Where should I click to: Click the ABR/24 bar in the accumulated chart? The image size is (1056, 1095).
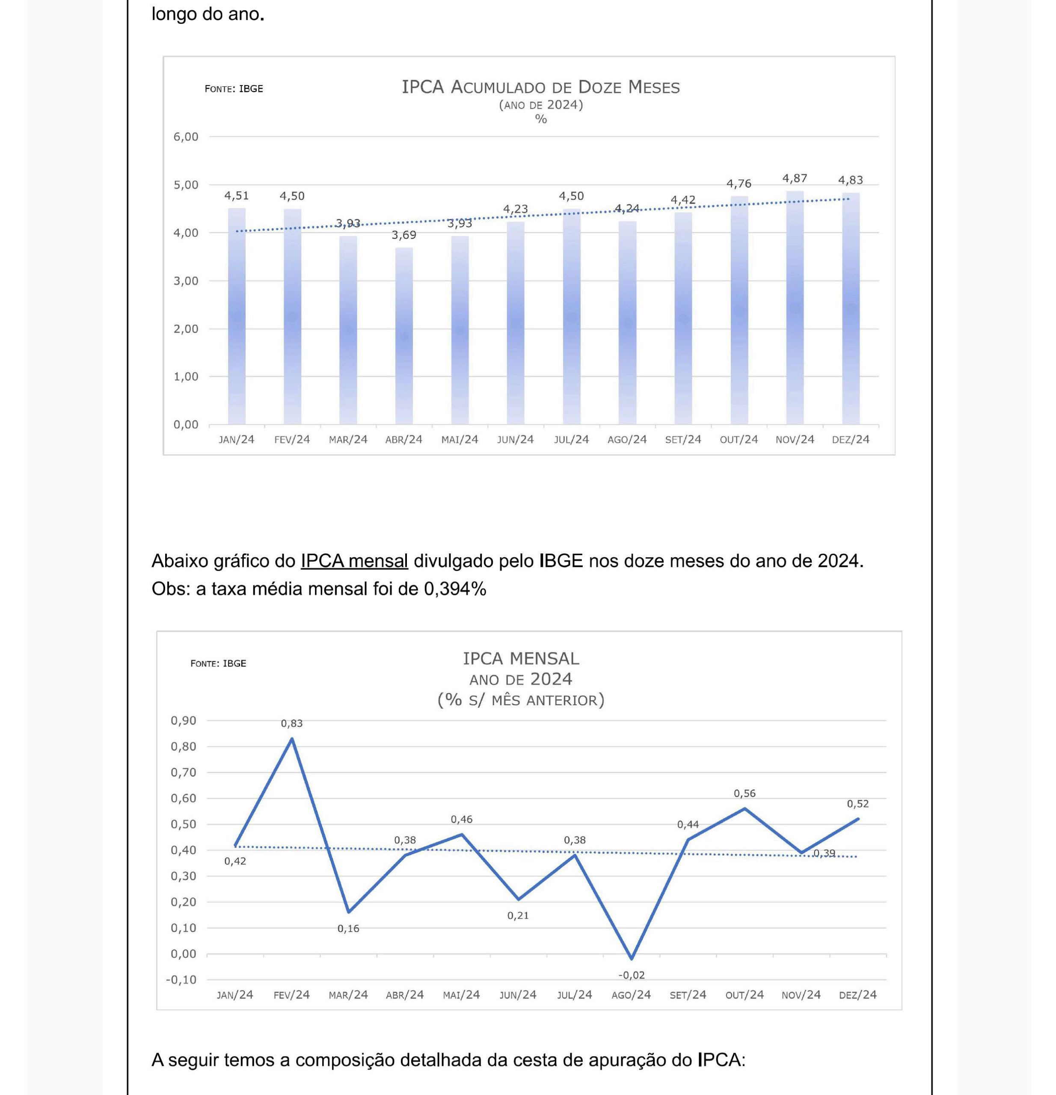404,336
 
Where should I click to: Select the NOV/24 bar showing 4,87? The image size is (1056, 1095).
795,308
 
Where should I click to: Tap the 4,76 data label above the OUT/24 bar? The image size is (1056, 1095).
739,184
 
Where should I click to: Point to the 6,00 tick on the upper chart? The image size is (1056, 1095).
186,137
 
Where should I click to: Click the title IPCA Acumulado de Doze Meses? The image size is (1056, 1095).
541,87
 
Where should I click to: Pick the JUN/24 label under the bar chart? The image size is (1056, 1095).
515,440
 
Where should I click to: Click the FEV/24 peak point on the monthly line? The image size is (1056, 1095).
292,739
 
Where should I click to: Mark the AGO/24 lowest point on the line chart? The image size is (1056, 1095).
632,959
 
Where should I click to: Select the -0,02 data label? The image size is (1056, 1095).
632,975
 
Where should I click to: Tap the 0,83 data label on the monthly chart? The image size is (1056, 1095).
292,723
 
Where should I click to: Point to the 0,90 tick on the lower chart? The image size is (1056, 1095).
184,721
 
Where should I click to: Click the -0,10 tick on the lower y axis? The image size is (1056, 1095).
181,980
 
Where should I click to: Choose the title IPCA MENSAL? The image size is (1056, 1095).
521,659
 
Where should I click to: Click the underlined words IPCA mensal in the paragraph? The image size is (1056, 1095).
354,561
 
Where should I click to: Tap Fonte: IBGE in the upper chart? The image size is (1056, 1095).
234,89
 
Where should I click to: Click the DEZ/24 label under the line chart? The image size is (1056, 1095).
857,995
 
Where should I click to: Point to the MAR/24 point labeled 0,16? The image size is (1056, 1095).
349,912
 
